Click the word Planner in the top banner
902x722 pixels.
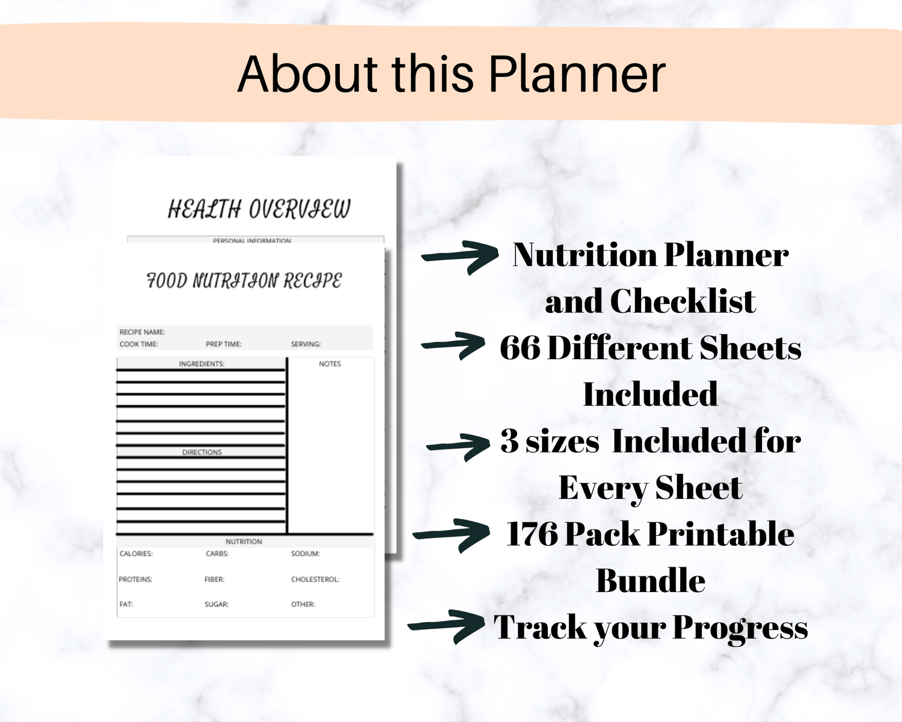[577, 74]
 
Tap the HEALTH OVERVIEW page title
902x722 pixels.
[259, 209]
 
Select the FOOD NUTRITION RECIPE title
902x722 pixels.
[244, 280]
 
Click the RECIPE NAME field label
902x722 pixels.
[142, 332]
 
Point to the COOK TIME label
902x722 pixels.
[139, 344]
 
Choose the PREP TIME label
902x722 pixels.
[224, 344]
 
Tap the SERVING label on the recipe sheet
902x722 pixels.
[306, 344]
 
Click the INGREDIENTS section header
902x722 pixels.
[201, 364]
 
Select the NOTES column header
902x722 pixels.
[330, 364]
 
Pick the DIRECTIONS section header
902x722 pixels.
[201, 452]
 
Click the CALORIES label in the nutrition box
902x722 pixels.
[136, 554]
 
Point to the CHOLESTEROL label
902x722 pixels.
[315, 579]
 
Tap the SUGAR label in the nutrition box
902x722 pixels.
[216, 605]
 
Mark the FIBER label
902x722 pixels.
[214, 579]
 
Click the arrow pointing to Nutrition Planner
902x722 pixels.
[460, 256]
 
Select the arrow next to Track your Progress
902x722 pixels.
[446, 626]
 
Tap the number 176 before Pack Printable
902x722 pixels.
[532, 534]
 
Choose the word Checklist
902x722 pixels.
[683, 301]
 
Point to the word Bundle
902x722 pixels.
[651, 581]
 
